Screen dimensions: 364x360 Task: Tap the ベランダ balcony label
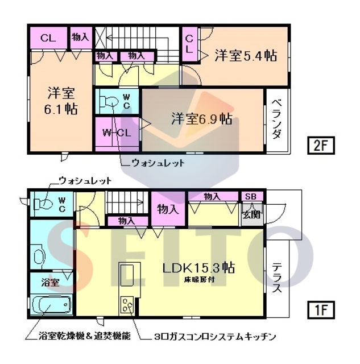click(x=278, y=119)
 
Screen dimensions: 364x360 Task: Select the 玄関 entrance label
click(x=251, y=214)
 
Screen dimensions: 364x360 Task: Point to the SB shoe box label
click(x=250, y=197)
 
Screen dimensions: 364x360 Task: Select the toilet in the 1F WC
click(x=43, y=203)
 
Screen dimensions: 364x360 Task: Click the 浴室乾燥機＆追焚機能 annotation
click(x=77, y=337)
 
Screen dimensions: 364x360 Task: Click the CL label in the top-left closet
click(x=47, y=39)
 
